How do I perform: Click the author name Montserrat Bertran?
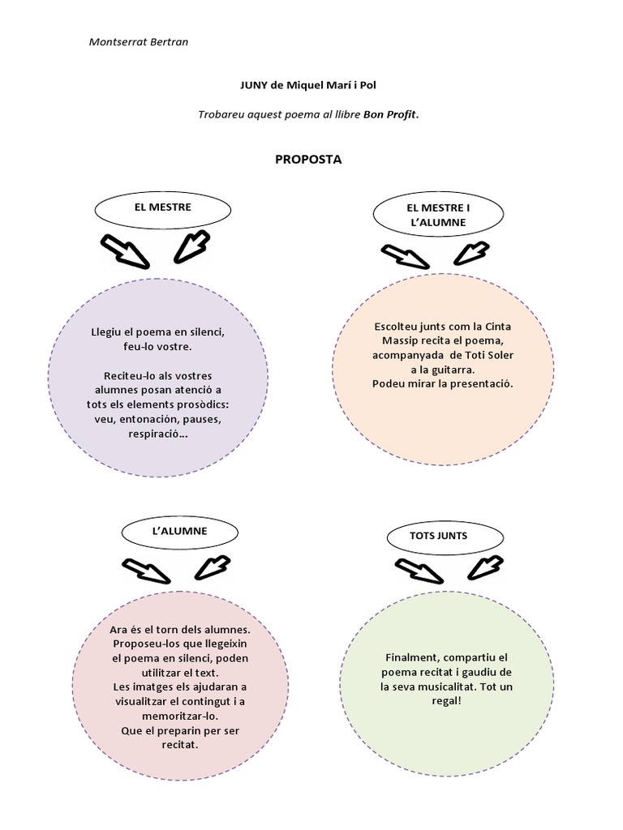(x=138, y=41)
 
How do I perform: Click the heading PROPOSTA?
(x=309, y=159)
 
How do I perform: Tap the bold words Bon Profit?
(x=390, y=114)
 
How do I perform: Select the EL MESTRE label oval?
(x=163, y=207)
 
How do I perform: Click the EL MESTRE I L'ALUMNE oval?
(x=438, y=215)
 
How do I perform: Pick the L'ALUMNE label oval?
(x=179, y=532)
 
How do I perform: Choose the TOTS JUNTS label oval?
(x=439, y=536)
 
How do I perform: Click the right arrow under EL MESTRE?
(x=192, y=246)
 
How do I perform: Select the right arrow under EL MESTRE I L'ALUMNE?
(x=470, y=254)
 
